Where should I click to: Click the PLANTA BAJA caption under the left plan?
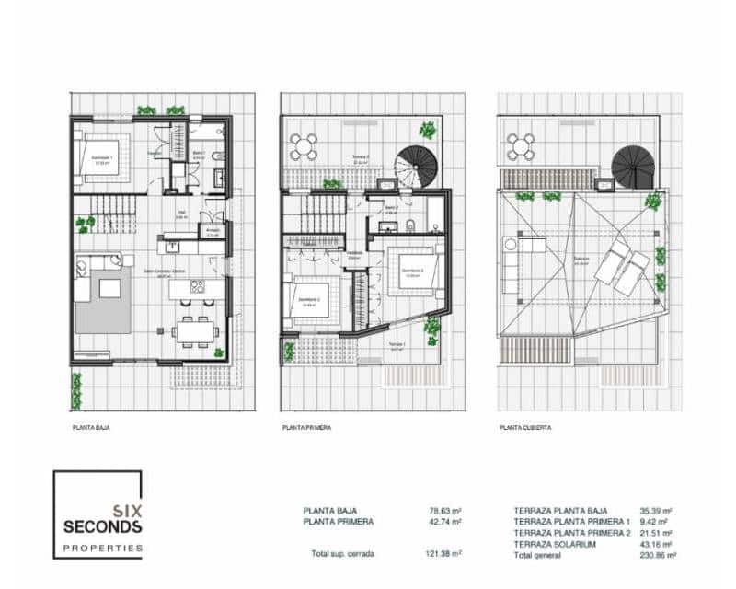[91, 428]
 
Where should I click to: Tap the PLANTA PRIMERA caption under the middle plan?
[306, 428]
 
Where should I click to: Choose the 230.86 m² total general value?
[658, 556]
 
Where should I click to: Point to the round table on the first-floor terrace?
[304, 144]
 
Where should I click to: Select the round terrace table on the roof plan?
[522, 145]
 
